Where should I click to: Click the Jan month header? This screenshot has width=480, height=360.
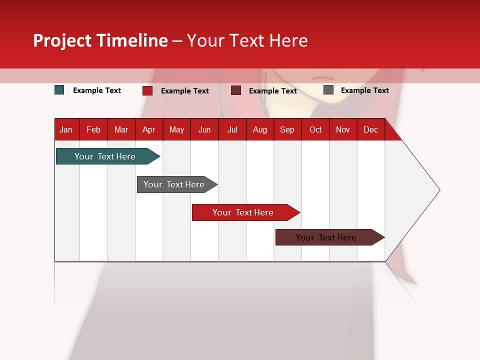(66, 129)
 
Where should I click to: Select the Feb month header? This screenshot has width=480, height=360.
(93, 129)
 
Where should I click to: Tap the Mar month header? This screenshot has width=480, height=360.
(121, 129)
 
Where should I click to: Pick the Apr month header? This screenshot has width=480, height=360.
(149, 129)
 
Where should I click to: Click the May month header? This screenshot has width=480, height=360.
(176, 129)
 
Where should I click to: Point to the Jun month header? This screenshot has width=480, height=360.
(204, 129)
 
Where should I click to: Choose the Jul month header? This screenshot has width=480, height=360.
(232, 129)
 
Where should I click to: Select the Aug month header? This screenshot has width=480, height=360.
(260, 129)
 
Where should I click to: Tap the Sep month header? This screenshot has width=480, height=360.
(287, 129)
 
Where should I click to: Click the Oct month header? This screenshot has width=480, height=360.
(315, 129)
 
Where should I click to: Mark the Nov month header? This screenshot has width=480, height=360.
(343, 129)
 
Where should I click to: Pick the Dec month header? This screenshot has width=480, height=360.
(370, 129)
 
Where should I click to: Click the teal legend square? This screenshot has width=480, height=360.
(59, 90)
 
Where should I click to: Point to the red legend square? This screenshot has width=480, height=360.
(147, 90)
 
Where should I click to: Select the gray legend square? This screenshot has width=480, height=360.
(328, 90)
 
